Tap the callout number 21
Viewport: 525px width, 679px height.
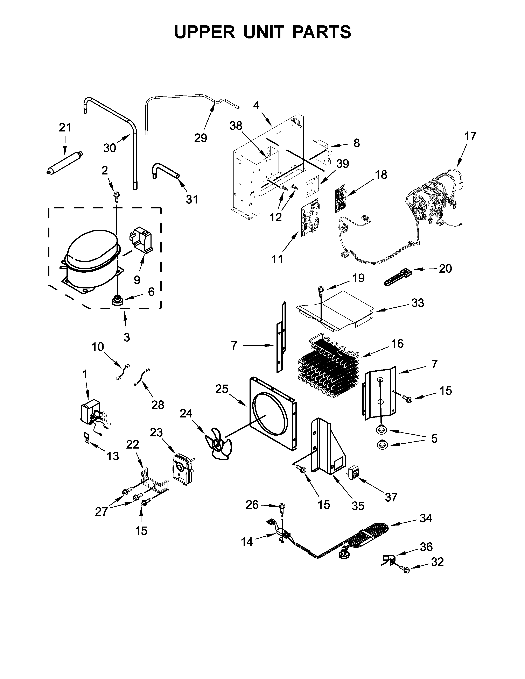65,128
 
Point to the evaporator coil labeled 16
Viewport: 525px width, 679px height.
328,369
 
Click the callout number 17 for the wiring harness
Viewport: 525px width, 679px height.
470,136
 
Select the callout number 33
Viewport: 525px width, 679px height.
417,303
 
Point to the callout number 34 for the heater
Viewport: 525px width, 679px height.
426,518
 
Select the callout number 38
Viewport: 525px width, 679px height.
236,126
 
